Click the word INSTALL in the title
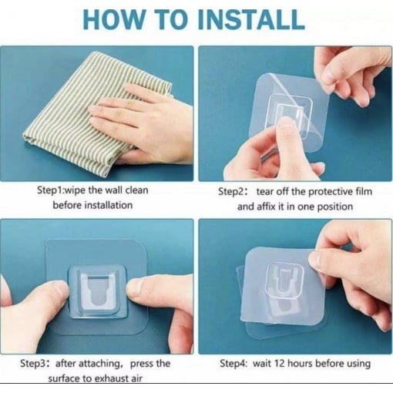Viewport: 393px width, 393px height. [x=251, y=19]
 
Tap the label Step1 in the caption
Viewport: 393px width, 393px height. [x=50, y=190]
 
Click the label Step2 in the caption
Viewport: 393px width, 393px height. [x=231, y=192]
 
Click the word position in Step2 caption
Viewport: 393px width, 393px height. [x=335, y=207]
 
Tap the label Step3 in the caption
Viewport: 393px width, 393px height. [x=33, y=364]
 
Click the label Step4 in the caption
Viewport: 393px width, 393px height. [x=233, y=364]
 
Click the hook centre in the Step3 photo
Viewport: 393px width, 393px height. [x=98, y=291]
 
